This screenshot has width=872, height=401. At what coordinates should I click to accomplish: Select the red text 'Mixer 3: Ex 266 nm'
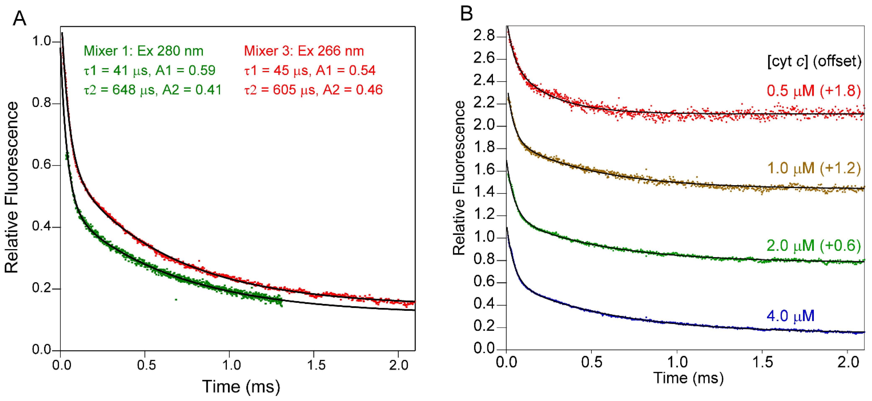(304, 51)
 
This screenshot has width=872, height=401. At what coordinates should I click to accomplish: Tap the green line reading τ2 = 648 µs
(153, 90)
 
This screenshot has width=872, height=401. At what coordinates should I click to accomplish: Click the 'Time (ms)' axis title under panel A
(241, 386)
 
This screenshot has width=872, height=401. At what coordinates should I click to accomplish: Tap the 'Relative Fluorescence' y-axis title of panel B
(459, 178)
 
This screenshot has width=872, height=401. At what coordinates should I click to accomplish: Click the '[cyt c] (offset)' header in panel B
(814, 61)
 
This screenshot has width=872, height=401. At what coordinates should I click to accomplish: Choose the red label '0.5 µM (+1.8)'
(813, 91)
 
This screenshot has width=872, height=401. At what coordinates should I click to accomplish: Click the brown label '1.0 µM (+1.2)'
(813, 168)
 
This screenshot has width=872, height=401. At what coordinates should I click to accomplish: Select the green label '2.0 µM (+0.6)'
(813, 246)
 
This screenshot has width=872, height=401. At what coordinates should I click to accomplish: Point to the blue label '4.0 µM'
(790, 316)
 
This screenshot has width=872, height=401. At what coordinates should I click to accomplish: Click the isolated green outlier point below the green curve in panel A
(176, 300)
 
